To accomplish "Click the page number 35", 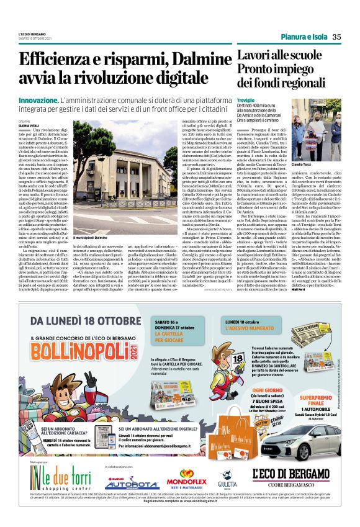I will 336,37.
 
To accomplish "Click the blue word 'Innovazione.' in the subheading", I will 38,100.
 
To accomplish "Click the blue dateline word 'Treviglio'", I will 246,100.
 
